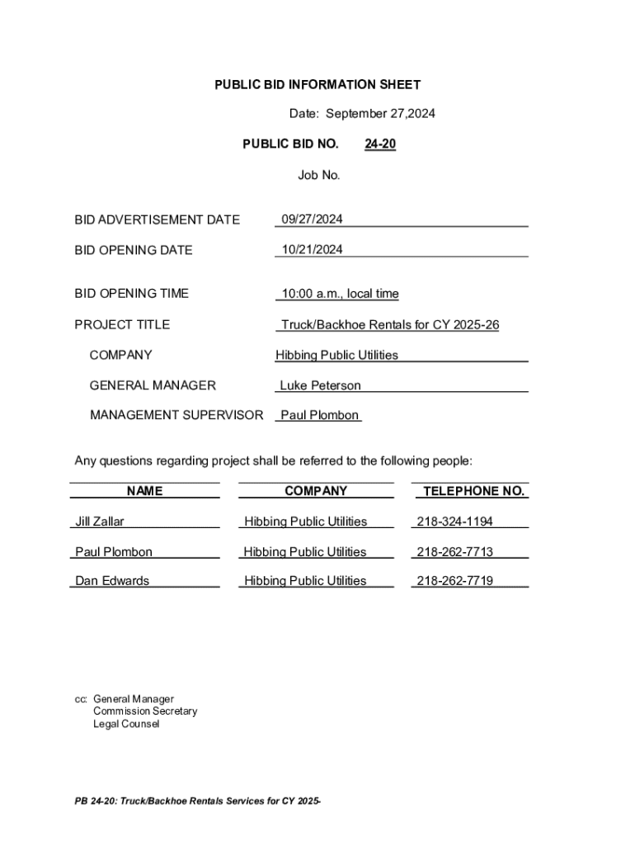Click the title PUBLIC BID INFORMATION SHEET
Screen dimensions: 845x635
(317, 84)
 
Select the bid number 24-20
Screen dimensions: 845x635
(380, 144)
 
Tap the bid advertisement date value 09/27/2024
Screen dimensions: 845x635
(312, 220)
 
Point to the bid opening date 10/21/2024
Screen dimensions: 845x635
(312, 249)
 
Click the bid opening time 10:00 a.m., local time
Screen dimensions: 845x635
(340, 294)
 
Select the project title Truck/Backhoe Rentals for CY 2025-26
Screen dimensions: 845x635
(390, 325)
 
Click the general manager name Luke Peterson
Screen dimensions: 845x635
(320, 385)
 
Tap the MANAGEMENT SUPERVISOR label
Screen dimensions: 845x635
(176, 415)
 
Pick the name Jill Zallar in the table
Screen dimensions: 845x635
(100, 522)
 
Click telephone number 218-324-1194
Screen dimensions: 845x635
(455, 522)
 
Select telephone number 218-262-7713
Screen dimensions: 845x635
(455, 552)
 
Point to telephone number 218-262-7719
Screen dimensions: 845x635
(455, 581)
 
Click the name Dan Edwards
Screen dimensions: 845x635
(112, 581)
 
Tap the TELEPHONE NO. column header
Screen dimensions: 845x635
(473, 491)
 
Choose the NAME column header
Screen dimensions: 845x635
(144, 491)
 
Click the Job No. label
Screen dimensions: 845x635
(318, 175)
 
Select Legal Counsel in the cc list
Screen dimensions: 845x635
(126, 724)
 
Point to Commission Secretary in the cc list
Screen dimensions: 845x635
(145, 711)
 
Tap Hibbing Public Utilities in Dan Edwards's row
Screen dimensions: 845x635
(305, 581)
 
